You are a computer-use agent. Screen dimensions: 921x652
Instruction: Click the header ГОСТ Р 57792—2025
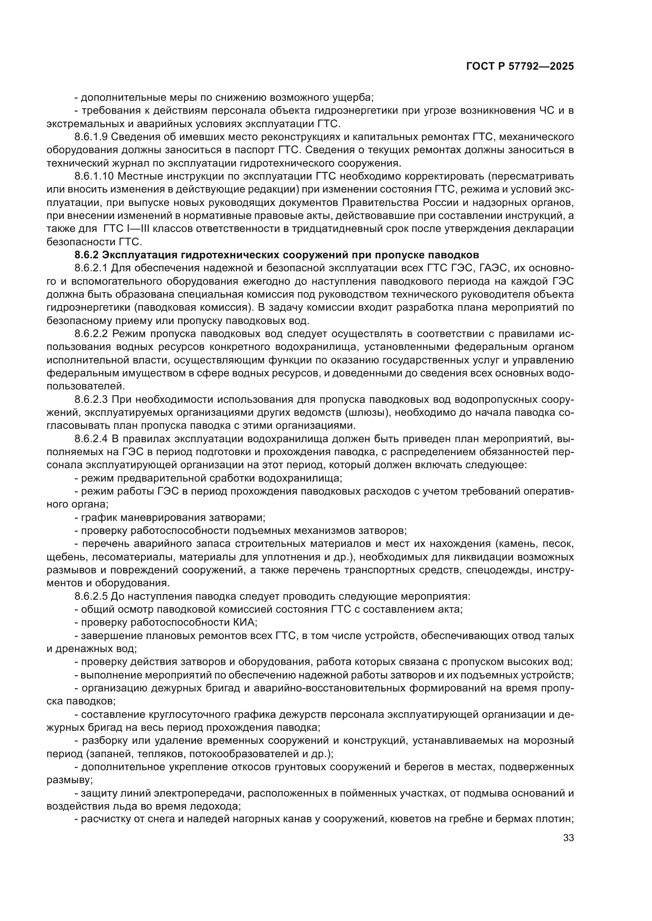coord(520,67)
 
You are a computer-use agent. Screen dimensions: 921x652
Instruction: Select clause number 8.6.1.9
coord(91,137)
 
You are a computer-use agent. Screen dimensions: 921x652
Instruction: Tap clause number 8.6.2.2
coord(91,334)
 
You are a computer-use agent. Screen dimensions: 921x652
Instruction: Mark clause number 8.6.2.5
coord(91,596)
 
